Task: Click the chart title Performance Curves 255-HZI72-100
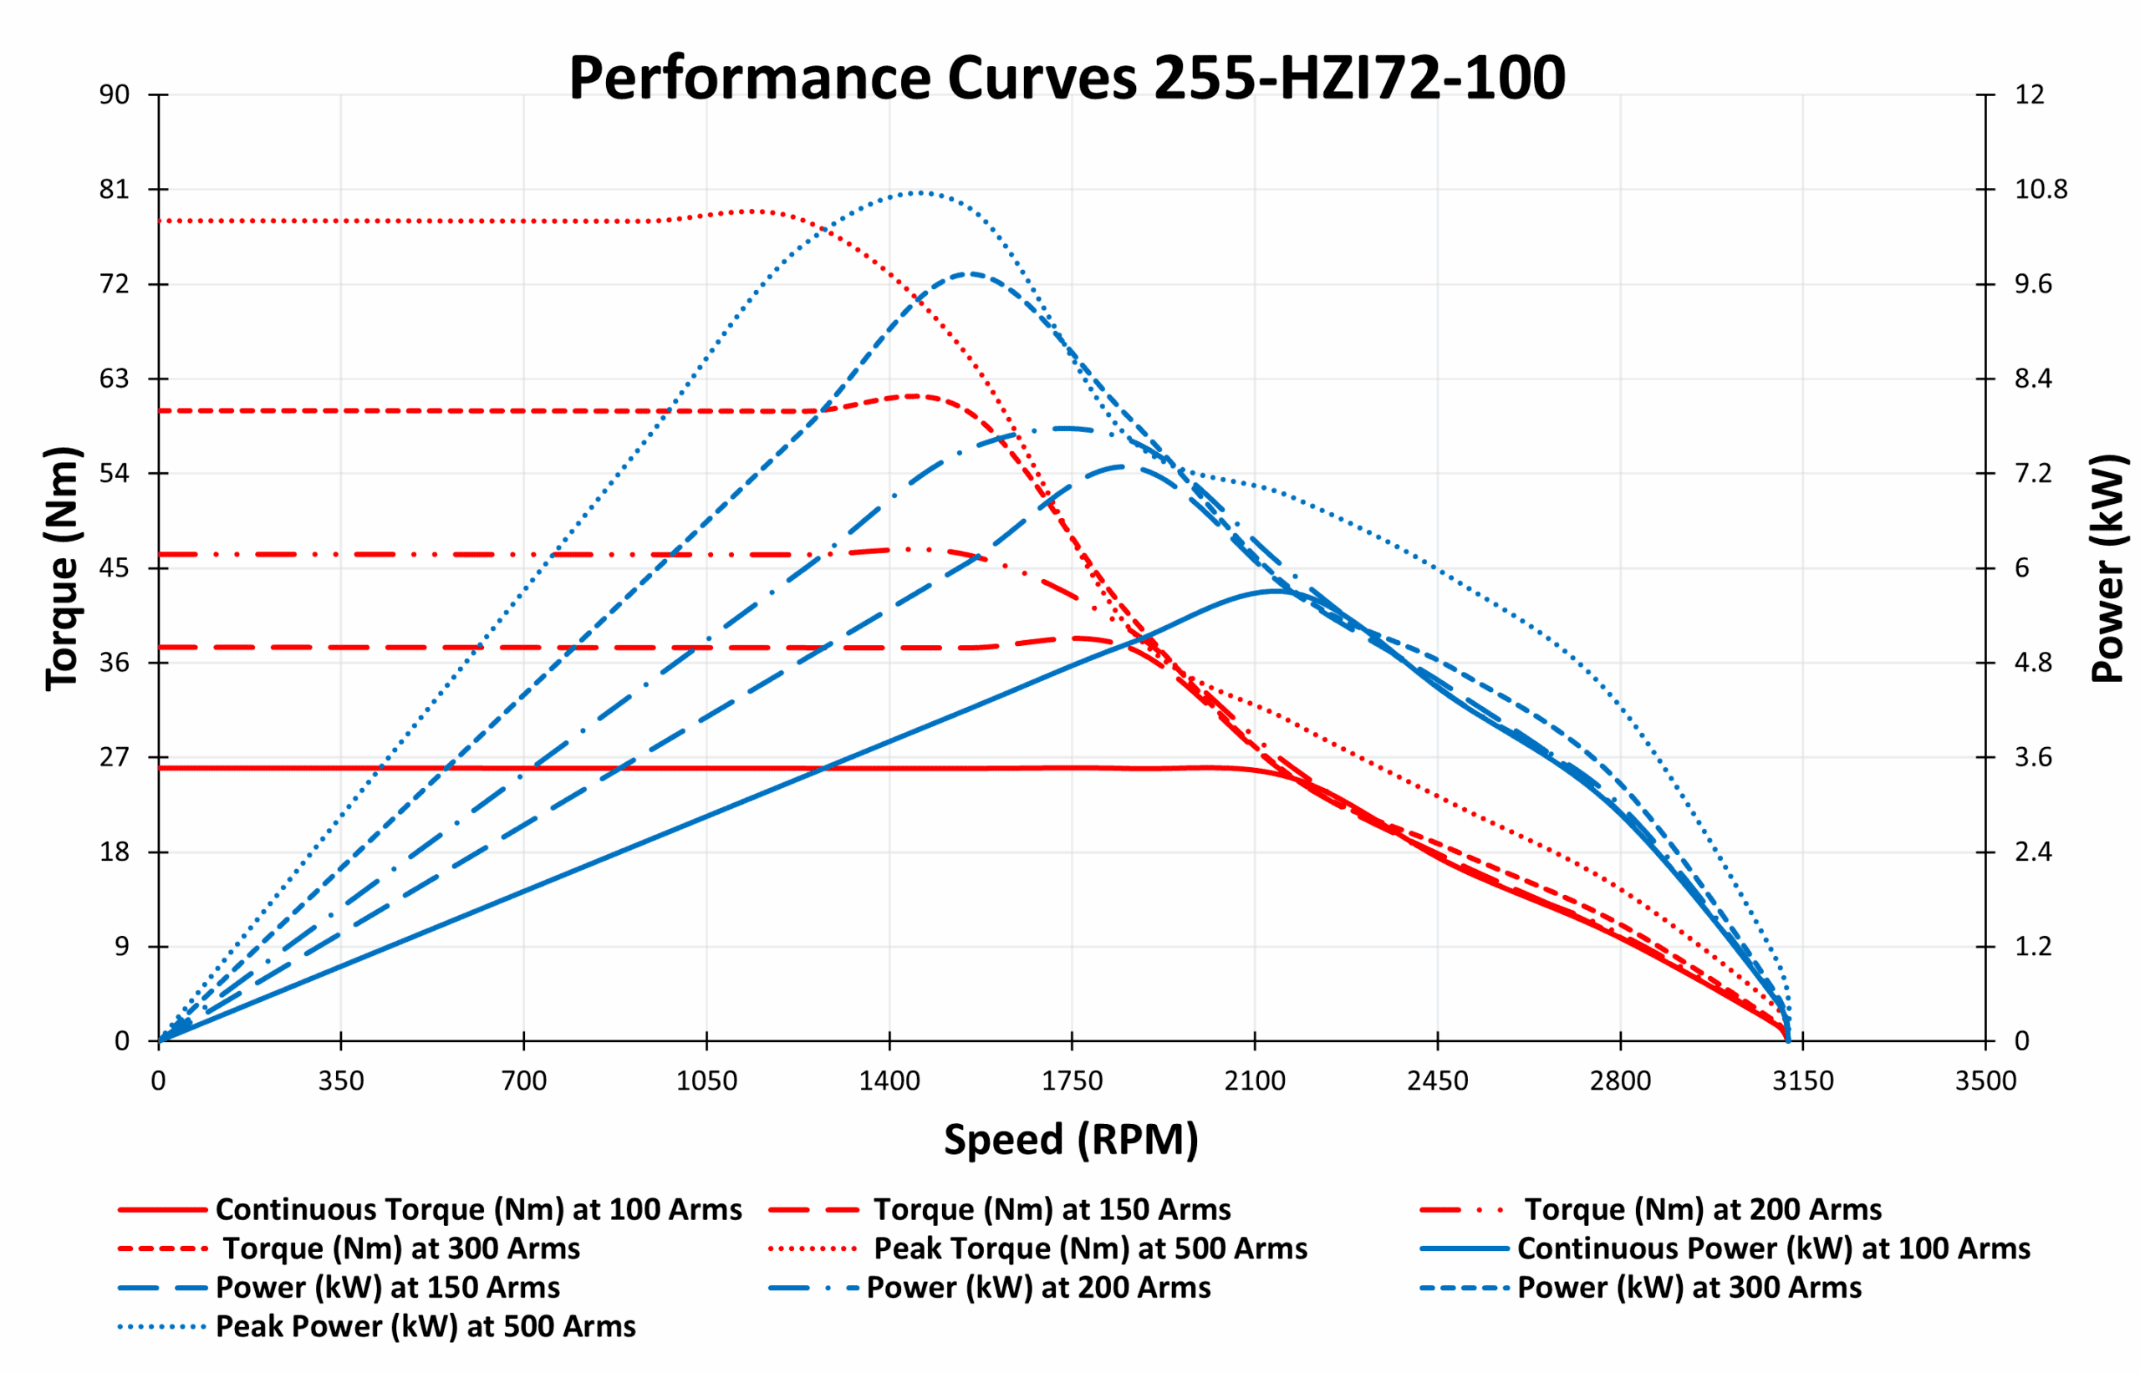tap(1067, 78)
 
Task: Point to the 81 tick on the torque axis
tap(115, 189)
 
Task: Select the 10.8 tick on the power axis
tap(2041, 189)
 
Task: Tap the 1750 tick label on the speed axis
tap(1072, 1081)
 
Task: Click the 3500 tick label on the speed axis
tap(1985, 1081)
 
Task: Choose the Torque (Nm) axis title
tap(63, 568)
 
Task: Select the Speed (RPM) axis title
tap(1071, 1139)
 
